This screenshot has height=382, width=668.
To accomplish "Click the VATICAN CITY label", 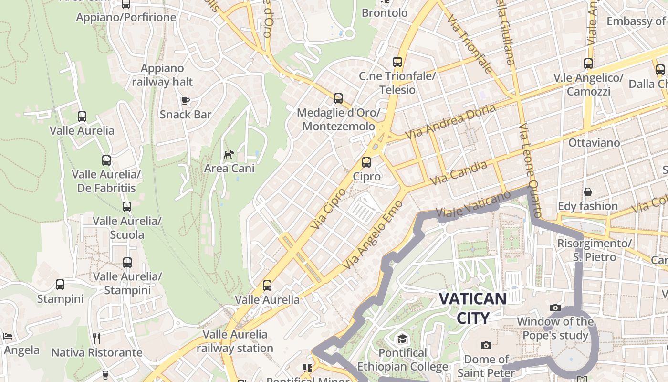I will (472, 308).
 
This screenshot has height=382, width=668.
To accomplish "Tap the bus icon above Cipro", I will (366, 162).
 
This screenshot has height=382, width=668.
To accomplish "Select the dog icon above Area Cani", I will (229, 154).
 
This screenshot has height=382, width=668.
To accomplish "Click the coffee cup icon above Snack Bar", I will (186, 100).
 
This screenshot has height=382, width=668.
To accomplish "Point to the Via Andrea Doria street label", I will (450, 122).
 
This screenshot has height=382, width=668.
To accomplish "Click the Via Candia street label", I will (459, 173).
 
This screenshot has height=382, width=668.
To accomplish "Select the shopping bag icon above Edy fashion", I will (588, 192).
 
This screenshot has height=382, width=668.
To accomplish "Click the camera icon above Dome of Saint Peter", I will (486, 345).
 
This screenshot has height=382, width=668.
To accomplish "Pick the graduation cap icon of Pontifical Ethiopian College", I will (403, 339).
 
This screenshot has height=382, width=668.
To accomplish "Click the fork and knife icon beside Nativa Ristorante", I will (96, 339).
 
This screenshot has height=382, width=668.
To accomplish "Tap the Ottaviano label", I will (594, 143).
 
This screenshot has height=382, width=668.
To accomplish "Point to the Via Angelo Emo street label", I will (373, 234).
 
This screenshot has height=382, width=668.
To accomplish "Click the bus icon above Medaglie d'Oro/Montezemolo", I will (338, 98).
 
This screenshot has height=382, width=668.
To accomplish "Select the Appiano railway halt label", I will (162, 75).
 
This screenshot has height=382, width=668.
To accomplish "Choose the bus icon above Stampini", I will (60, 285).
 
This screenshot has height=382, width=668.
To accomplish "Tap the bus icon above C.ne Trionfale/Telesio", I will (397, 62).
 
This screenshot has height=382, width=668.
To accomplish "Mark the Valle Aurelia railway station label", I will (235, 341).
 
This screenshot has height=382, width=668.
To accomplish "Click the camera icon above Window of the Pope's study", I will (555, 308).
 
